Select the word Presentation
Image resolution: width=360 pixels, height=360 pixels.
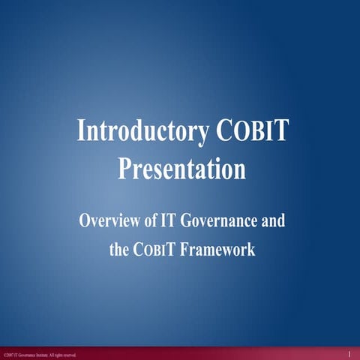pos(182,168)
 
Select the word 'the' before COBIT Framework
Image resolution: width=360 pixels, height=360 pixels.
pos(119,250)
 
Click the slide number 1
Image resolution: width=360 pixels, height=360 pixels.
pos(349,353)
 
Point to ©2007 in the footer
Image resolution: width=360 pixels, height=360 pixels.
pos(8,355)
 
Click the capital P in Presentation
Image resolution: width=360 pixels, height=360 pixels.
pos(124,168)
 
